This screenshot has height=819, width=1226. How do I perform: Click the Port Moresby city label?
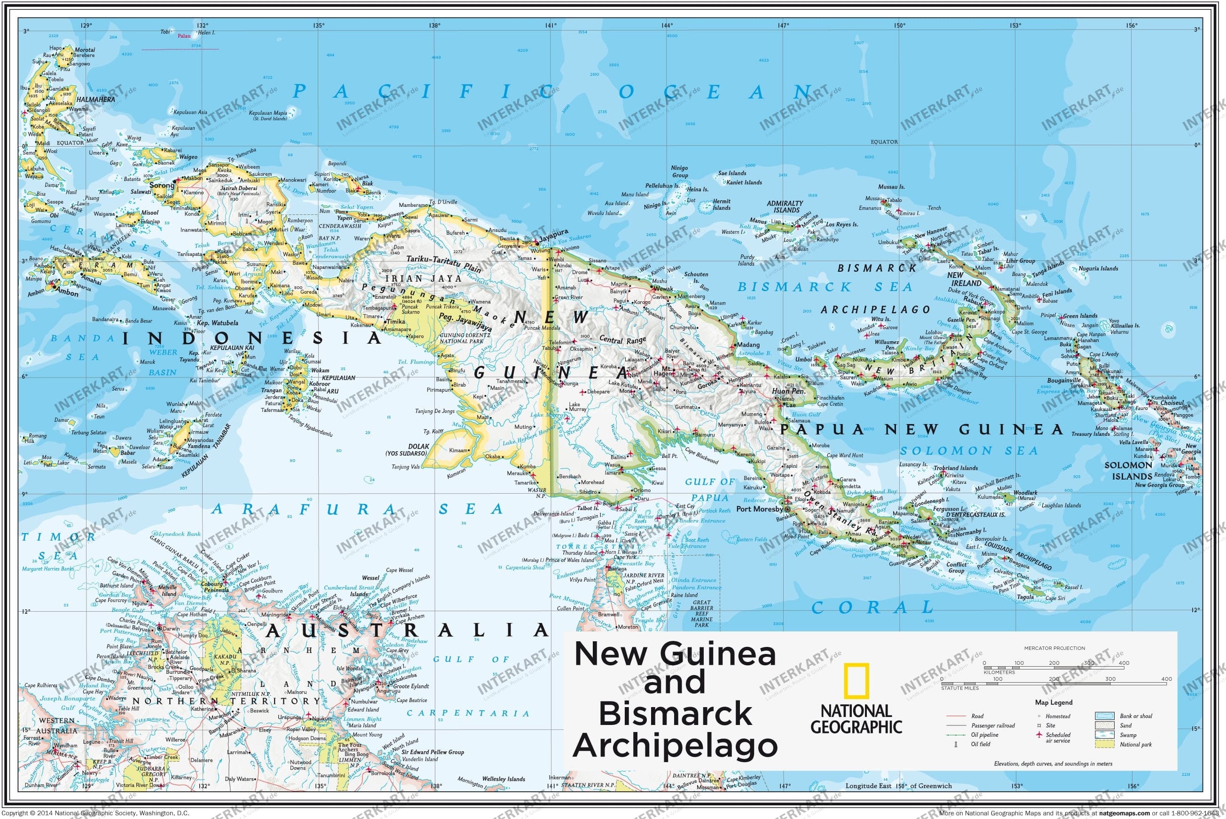[x=759, y=509]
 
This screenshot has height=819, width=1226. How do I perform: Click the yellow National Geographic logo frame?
[x=856, y=681]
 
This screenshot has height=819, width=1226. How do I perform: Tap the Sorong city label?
[x=161, y=185]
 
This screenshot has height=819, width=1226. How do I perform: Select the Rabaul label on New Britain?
[x=973, y=300]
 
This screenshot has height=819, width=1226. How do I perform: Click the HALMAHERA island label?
[x=95, y=99]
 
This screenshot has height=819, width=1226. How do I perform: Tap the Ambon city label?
[x=66, y=293]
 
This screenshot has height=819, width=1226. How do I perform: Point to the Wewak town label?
[x=664, y=288]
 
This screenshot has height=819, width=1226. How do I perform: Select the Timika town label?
[x=395, y=322]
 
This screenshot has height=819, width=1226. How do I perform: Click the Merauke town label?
[x=517, y=473]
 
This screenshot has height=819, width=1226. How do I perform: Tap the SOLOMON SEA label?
[x=968, y=451]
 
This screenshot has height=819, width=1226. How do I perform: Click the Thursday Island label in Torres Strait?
[x=579, y=552]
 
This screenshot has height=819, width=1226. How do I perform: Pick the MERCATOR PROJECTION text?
[x=1054, y=648]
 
